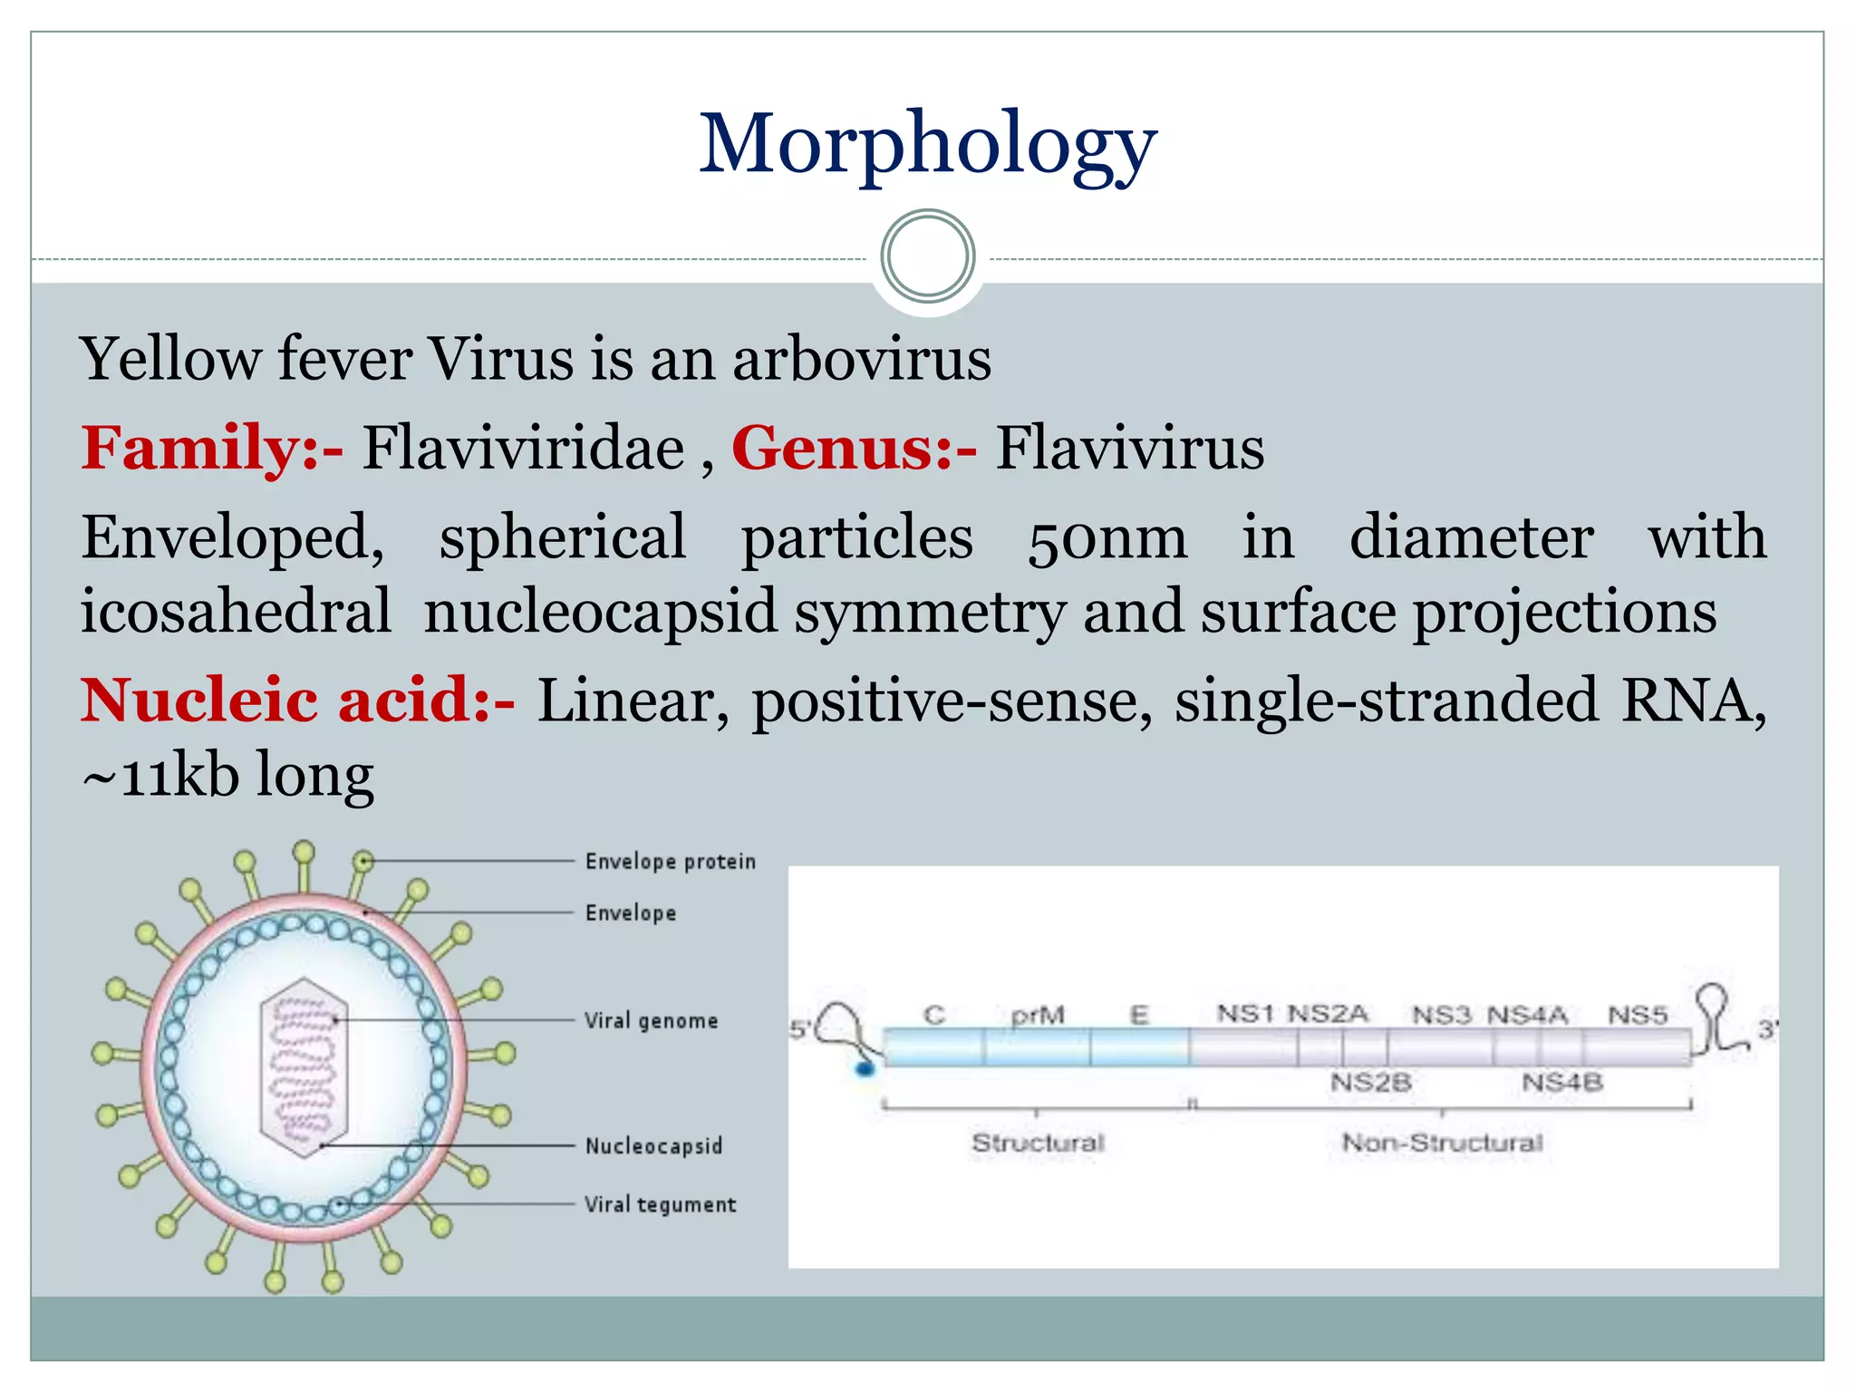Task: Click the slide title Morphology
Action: (x=927, y=145)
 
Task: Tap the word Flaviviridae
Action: (x=523, y=448)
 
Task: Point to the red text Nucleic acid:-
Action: (x=298, y=700)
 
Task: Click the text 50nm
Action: (x=1107, y=538)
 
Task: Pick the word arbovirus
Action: (x=862, y=359)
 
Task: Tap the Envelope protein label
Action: (x=670, y=861)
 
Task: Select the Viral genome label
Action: (x=651, y=1021)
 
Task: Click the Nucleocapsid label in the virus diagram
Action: (x=653, y=1146)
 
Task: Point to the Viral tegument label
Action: (x=660, y=1204)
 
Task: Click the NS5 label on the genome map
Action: (x=1638, y=1015)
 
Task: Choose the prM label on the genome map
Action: (x=1038, y=1015)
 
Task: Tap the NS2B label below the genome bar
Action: (x=1370, y=1082)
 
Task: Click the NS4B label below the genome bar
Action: (x=1562, y=1082)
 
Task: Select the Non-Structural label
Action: (x=1442, y=1143)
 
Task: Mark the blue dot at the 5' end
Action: (x=865, y=1069)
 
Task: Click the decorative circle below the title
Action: (x=927, y=256)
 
